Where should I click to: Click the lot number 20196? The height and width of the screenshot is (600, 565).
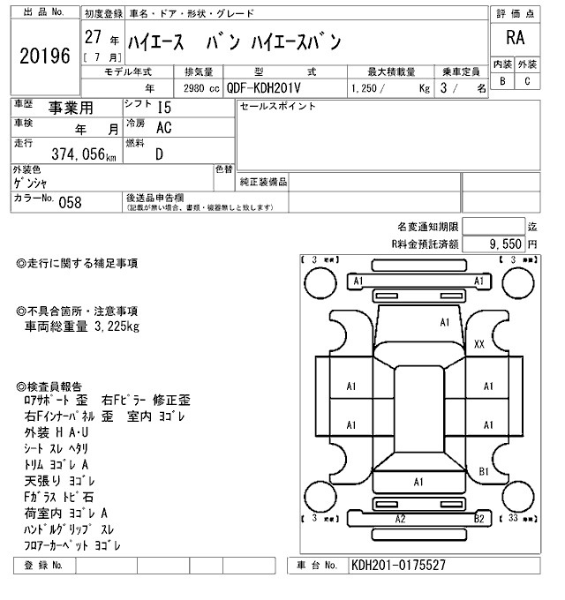(44, 56)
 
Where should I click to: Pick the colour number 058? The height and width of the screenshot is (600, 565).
(70, 201)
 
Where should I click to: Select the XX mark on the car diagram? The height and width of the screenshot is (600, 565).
(479, 343)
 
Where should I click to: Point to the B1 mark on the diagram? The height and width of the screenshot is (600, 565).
(484, 472)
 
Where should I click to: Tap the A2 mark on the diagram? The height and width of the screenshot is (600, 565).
(400, 519)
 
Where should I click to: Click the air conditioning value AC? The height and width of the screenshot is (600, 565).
(163, 129)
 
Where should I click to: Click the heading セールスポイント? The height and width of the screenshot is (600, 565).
(277, 106)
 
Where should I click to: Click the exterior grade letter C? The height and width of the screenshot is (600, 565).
(527, 81)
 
